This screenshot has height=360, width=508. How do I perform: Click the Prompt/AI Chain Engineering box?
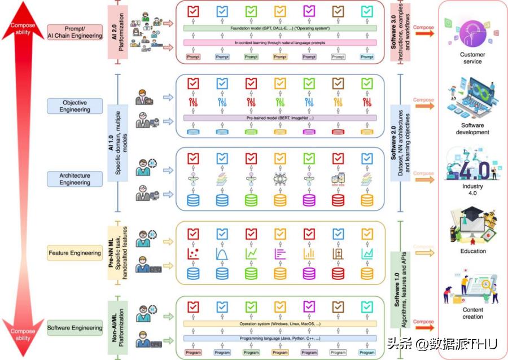point(75,32)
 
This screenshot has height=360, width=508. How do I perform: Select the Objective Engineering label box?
point(75,106)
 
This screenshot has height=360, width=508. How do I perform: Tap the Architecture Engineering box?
point(75,179)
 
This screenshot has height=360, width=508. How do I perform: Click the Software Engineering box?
point(75,328)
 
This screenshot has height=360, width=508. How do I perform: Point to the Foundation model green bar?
point(280,28)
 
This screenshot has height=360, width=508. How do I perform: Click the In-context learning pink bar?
point(280,42)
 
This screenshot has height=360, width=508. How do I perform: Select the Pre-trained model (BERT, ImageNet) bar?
point(280,118)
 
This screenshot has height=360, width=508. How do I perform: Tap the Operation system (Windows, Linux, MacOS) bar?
point(280,324)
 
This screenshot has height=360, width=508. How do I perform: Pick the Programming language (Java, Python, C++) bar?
point(280,338)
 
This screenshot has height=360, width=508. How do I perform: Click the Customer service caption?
point(472,58)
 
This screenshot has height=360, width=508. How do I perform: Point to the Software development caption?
point(472,129)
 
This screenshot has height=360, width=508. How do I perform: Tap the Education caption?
point(472,251)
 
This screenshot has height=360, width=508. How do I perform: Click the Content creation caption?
point(472,313)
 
